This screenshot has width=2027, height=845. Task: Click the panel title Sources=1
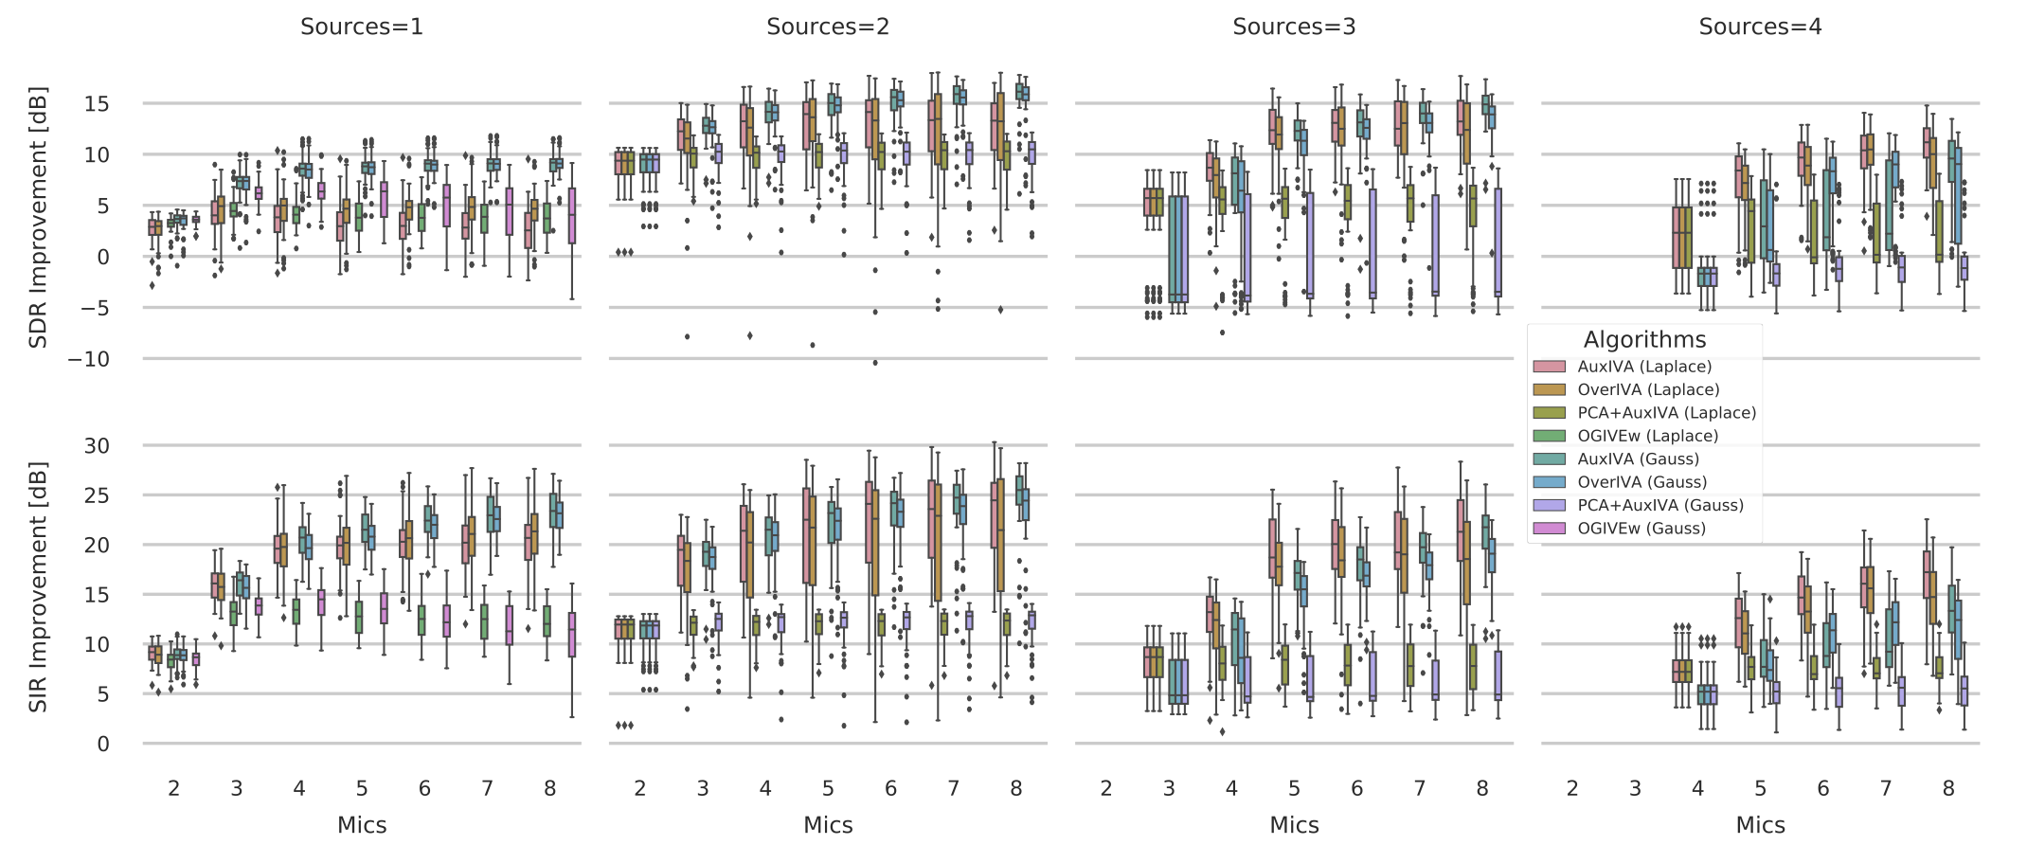(x=361, y=27)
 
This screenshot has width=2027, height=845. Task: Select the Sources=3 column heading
(x=1293, y=27)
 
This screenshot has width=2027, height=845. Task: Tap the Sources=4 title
(x=1759, y=27)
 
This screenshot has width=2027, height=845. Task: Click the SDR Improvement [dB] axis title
(x=38, y=218)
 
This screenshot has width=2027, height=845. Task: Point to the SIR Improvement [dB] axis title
(x=38, y=586)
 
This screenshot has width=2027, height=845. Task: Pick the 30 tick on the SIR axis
(x=97, y=445)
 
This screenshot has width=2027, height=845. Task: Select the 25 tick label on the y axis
(x=97, y=495)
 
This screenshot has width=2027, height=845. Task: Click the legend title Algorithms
(x=1644, y=340)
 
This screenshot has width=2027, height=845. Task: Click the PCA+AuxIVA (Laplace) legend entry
(x=1666, y=413)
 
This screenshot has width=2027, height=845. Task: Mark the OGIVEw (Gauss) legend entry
(x=1641, y=529)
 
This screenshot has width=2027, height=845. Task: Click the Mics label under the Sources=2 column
(x=827, y=825)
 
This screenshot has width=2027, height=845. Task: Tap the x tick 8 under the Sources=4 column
(x=1947, y=788)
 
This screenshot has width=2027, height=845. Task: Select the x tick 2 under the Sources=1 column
(x=173, y=788)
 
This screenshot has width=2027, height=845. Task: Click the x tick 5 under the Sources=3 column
(x=1293, y=788)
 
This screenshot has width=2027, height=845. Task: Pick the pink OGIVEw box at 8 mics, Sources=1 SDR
(x=572, y=216)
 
